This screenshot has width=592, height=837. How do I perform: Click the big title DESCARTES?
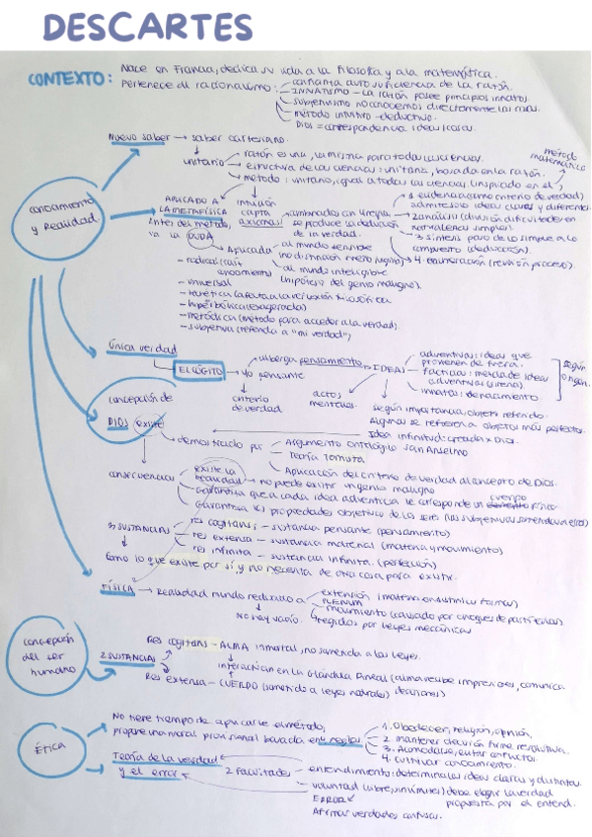(148, 27)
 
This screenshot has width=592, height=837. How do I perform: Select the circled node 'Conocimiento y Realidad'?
(66, 216)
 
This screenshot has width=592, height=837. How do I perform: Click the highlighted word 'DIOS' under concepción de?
(119, 421)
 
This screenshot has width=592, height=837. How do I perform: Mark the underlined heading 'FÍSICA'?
(117, 587)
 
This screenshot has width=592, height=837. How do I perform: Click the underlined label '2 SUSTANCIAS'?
(126, 656)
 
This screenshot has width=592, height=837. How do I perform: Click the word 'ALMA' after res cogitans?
(234, 641)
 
